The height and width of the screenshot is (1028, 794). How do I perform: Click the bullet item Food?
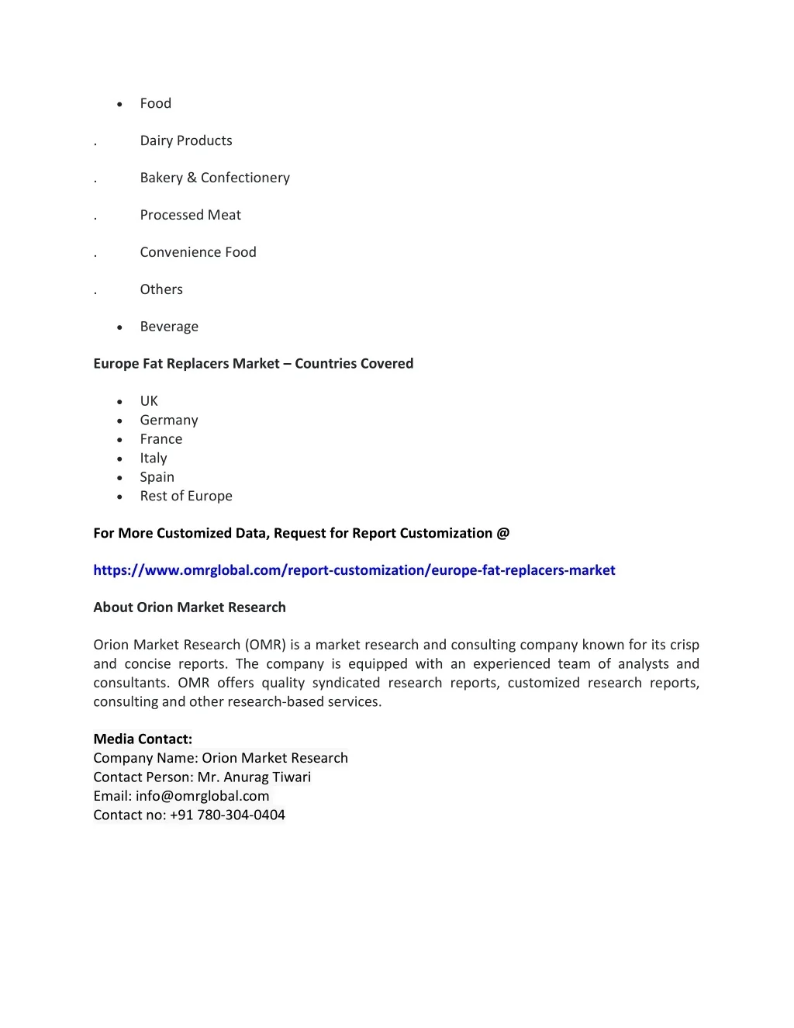pos(155,103)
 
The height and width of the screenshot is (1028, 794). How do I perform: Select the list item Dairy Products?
pos(186,140)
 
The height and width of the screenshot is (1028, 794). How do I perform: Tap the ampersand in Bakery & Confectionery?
pos(192,178)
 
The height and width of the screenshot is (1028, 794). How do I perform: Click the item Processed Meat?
pos(190,215)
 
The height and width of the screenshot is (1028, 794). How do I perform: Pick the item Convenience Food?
pos(198,252)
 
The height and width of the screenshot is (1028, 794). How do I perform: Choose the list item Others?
pos(161,289)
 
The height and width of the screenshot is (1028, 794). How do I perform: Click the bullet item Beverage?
pos(169,327)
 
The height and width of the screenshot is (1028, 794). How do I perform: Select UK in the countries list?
pos(149,401)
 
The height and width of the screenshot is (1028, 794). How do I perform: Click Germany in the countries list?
pos(169,420)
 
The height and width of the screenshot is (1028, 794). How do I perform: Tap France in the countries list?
pos(161,439)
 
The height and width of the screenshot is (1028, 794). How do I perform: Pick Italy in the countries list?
pos(154,458)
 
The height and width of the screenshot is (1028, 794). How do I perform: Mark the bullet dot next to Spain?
pos(119,478)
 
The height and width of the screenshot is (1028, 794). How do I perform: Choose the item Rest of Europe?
pos(186,496)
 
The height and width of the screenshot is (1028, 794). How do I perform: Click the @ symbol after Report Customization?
pos(503,533)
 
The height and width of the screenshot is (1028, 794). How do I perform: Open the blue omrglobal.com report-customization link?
pos(354,570)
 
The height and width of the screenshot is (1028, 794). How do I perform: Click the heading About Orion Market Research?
pos(189,607)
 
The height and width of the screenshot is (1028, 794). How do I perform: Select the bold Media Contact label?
pos(143,739)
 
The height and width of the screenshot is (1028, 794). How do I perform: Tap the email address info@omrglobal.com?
pos(202,796)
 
